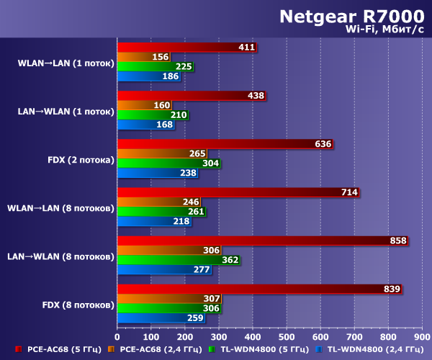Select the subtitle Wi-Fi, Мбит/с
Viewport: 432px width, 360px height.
(x=385, y=30)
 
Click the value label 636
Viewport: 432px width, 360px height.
(x=323, y=144)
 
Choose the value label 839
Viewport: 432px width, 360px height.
(x=392, y=289)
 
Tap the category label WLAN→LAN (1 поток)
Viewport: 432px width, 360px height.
(x=66, y=63)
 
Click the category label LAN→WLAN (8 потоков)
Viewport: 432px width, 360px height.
(x=62, y=256)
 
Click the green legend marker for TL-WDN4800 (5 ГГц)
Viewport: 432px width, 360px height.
(x=211, y=350)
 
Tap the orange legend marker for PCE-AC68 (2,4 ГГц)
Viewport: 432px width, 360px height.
(x=110, y=350)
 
